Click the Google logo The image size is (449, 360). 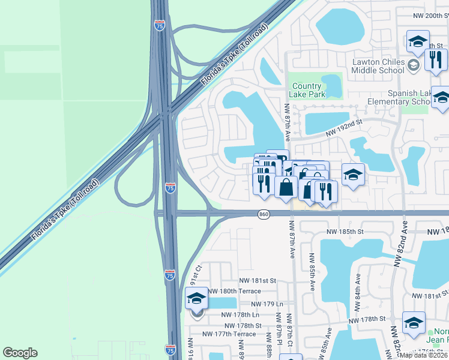pyautogui.click(x=20, y=353)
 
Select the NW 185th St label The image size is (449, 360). pyautogui.click(x=345, y=231)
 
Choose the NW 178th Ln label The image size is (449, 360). pyautogui.click(x=240, y=314)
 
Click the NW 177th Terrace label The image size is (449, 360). pyautogui.click(x=229, y=334)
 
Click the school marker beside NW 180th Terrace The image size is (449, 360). pyautogui.click(x=196, y=298)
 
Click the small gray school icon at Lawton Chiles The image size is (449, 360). pyautogui.click(x=413, y=65)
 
